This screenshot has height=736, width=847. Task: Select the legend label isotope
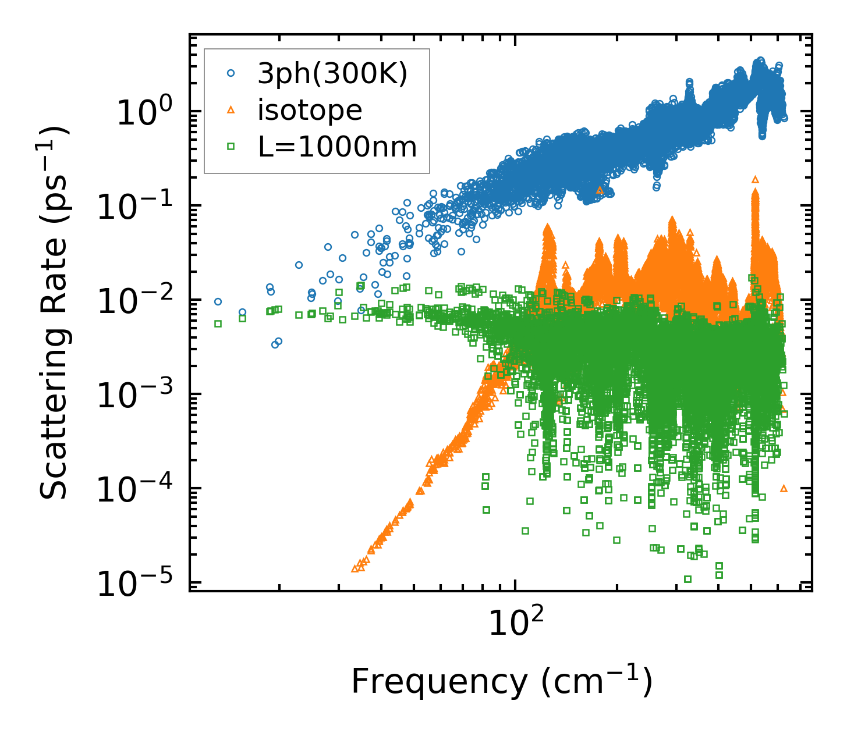310,110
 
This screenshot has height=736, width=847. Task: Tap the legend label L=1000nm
337,147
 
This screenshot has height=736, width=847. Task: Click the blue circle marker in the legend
231,73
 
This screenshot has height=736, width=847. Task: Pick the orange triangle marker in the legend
231,110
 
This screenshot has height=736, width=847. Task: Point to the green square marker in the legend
231,147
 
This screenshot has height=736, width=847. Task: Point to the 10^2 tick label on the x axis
515,623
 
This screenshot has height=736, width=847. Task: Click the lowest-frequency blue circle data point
218,301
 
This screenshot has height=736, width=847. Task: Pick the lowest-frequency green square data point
218,323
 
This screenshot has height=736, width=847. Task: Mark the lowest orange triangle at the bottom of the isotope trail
355,569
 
